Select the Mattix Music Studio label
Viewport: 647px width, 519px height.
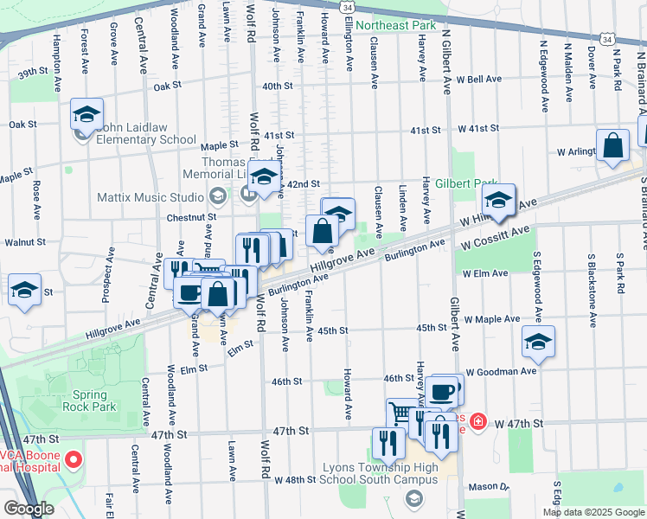tap(157, 197)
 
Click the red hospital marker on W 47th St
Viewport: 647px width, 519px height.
tap(477, 423)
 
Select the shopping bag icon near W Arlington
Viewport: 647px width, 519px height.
tap(613, 148)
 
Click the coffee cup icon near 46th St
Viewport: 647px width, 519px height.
tap(441, 392)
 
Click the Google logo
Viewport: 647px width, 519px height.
tap(28, 509)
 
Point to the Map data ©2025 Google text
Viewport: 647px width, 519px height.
tap(593, 512)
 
